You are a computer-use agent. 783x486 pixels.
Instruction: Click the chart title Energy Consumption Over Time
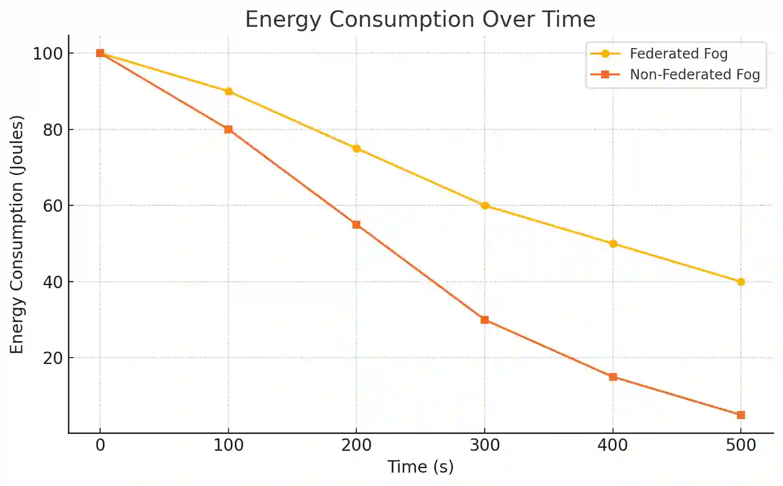[x=420, y=20]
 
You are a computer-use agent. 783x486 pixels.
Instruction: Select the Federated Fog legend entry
[x=678, y=54]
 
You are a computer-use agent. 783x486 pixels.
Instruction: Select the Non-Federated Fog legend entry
[x=694, y=74]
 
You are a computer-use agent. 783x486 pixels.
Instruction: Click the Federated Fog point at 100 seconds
[x=228, y=91]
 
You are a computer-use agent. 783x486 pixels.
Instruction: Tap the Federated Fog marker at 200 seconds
[x=356, y=149]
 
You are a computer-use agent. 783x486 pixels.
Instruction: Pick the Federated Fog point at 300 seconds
[x=485, y=206]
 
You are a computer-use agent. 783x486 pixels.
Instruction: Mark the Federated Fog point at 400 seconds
[x=613, y=244]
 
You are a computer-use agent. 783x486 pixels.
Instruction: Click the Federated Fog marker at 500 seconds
[x=741, y=282]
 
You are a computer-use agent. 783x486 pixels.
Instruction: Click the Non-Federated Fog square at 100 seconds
[x=228, y=129]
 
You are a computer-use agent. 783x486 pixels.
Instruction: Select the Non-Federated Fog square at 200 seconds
[x=356, y=225]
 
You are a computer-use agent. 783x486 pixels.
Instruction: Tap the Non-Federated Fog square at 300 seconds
[x=485, y=320]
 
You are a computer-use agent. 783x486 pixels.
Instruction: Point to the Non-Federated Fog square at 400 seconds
[x=613, y=377]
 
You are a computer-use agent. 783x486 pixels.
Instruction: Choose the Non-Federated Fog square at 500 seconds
[x=741, y=415]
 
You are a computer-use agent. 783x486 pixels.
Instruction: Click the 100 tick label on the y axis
[x=48, y=54]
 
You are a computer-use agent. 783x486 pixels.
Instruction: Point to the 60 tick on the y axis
[x=53, y=206]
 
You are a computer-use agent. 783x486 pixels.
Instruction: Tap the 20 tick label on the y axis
[x=53, y=358]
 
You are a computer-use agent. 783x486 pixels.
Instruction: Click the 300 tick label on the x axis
[x=485, y=445]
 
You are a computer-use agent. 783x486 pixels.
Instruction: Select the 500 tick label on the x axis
[x=741, y=445]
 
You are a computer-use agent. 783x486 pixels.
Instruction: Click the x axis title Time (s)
[x=420, y=467]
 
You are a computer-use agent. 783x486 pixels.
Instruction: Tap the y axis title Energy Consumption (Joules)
[x=17, y=234]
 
